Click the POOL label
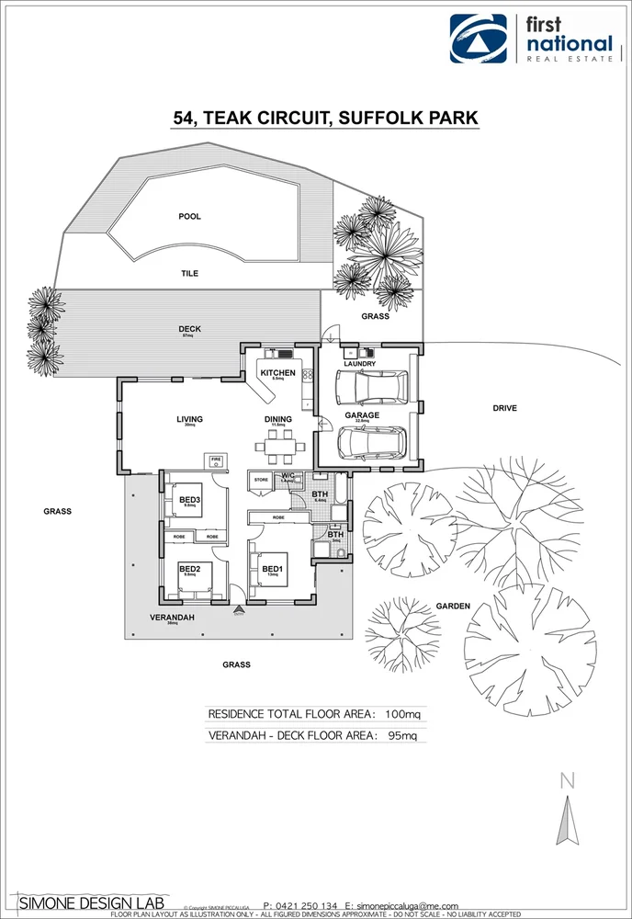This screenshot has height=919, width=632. click(189, 217)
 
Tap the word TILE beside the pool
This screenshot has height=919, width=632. click(189, 274)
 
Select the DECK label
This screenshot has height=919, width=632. click(189, 329)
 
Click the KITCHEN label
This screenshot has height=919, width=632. click(277, 373)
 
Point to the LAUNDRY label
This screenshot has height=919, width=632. click(359, 364)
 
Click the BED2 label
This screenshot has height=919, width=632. click(190, 569)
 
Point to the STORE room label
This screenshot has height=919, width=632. click(260, 479)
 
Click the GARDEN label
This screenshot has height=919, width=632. click(453, 607)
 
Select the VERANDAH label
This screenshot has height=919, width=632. click(172, 618)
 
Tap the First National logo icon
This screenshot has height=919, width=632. click(478, 39)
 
